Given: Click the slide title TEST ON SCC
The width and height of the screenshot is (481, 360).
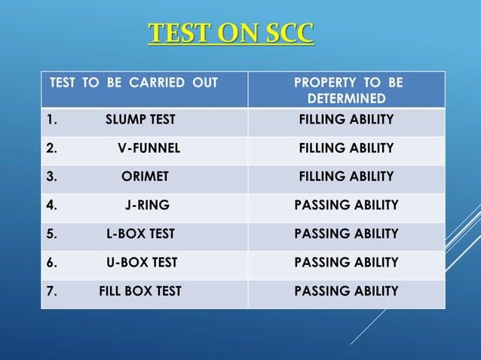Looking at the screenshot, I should coord(231,34).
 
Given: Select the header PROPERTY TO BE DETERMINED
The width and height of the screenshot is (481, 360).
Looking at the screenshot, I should coord(347,90).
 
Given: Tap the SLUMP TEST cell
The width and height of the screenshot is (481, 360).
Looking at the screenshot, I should coord(140,120).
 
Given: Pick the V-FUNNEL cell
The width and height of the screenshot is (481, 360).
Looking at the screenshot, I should coord(149,148).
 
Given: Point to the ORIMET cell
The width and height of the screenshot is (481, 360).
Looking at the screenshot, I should coord(145,177).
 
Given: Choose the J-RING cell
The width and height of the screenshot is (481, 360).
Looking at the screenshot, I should coord(147,205).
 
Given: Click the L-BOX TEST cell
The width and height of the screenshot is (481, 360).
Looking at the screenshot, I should coord(141,233).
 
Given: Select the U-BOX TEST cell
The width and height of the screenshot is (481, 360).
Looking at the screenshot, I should coord(142,262).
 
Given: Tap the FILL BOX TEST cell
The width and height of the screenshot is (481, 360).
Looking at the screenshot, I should coord(140,291).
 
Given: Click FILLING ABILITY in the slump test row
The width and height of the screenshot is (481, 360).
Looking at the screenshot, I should coord(346,120).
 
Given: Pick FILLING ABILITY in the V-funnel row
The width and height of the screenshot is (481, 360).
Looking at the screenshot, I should coord(346,148).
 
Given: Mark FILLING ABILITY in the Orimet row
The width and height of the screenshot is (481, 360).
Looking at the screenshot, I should coord(346,177).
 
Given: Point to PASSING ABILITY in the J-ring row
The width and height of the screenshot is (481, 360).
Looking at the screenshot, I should coord(346,205).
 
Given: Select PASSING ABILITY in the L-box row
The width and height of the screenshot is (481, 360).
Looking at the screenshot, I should coord(346,233).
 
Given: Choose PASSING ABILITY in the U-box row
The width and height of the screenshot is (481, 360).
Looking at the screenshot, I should coord(346,262).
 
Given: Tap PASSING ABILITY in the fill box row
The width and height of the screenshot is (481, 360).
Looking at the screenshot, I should coord(346,291).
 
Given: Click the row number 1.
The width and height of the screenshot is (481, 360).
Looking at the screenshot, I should coord(50,120).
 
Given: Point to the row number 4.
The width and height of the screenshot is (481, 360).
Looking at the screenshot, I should coord(51,205).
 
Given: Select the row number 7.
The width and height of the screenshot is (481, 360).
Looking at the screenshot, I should coord(51,291).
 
